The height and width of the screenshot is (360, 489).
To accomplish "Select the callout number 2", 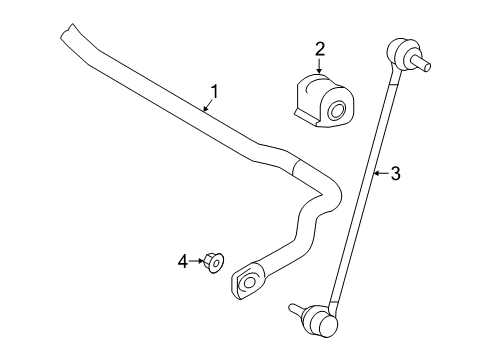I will [319, 48].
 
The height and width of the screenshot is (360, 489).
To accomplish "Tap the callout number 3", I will [395, 174].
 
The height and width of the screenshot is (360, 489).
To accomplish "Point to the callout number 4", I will [183, 261].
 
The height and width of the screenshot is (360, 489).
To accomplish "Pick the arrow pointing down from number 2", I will [319, 66].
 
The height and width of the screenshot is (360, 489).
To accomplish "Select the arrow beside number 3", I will [380, 174].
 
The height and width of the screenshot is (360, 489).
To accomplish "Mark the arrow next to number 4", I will [196, 261].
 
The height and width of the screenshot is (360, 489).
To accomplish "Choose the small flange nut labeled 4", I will [212, 264].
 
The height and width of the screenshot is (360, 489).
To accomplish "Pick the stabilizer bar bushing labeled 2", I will [321, 98].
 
